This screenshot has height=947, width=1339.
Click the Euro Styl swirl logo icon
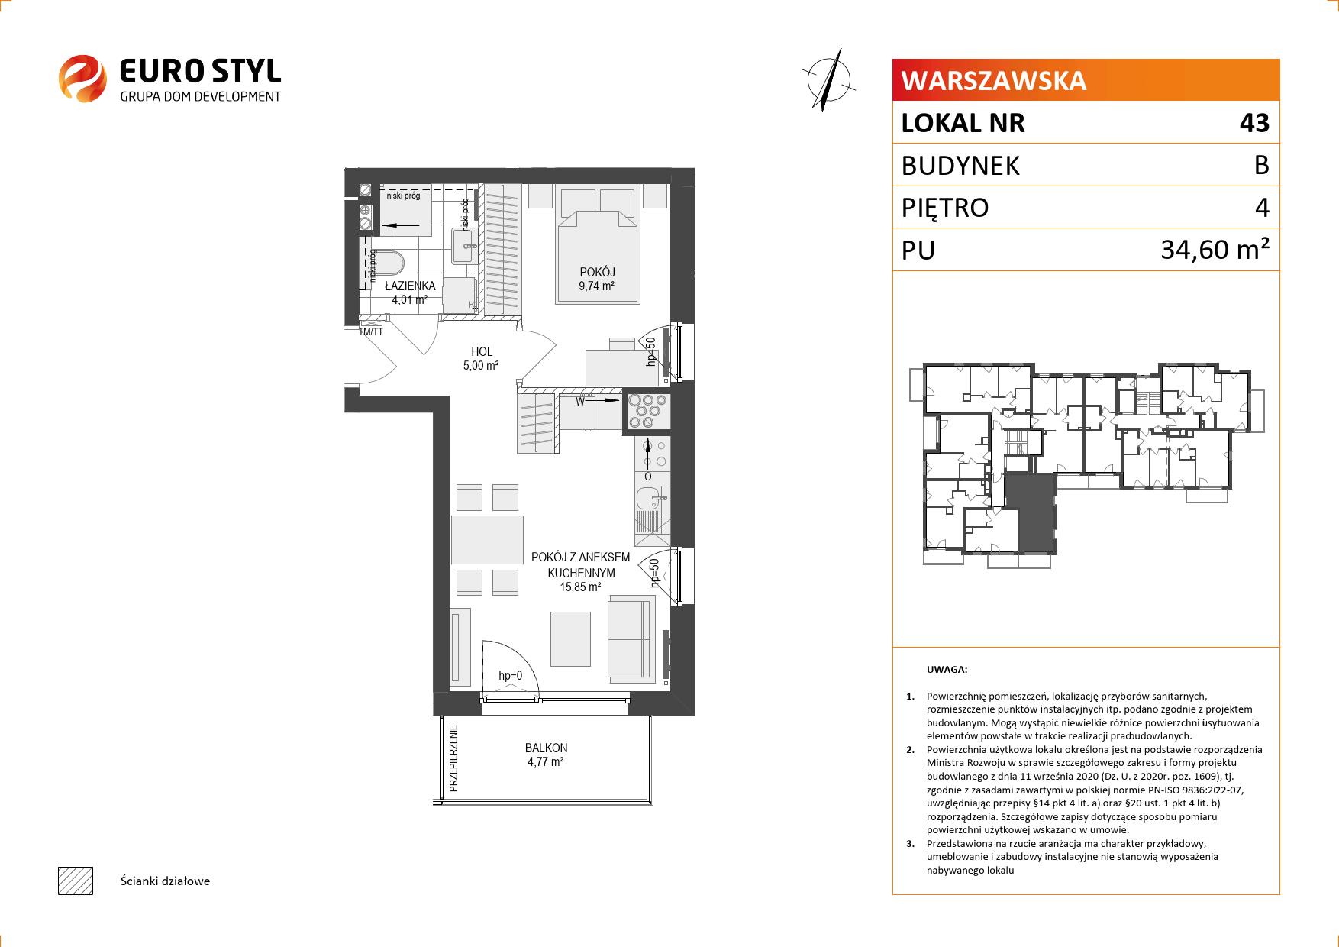coord(82,78)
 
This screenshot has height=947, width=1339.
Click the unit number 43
coord(1254,123)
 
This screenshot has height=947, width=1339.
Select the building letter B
coord(1261,165)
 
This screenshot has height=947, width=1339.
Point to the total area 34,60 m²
coord(1215,249)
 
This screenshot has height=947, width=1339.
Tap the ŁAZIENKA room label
coord(410,286)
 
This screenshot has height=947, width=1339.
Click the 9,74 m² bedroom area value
coord(597,286)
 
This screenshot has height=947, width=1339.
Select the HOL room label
coord(482,352)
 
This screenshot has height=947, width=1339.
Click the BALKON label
coord(546,748)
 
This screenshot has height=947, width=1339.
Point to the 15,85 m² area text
coord(581,587)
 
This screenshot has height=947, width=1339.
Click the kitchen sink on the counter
coord(653,500)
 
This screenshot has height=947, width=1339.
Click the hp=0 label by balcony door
coord(510,676)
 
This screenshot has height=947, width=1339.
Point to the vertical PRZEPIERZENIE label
coord(453,758)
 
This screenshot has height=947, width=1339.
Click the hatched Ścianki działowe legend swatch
coord(76,881)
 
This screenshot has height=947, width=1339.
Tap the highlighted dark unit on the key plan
coord(1029,511)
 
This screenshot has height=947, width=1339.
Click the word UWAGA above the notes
coord(947,670)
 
